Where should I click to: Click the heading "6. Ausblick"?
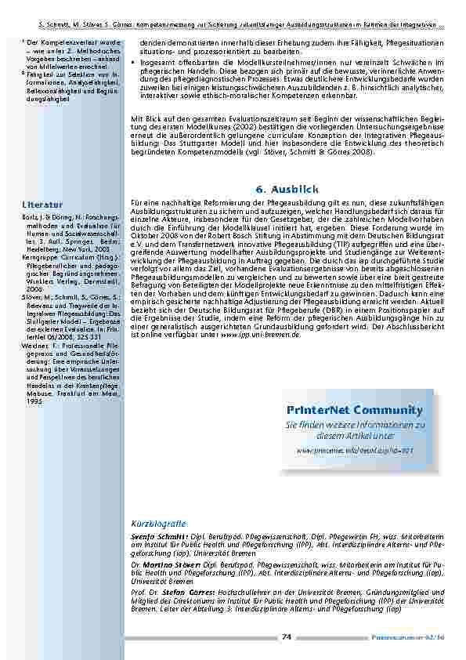point(287,190)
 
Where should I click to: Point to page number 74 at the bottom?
point(287,636)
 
